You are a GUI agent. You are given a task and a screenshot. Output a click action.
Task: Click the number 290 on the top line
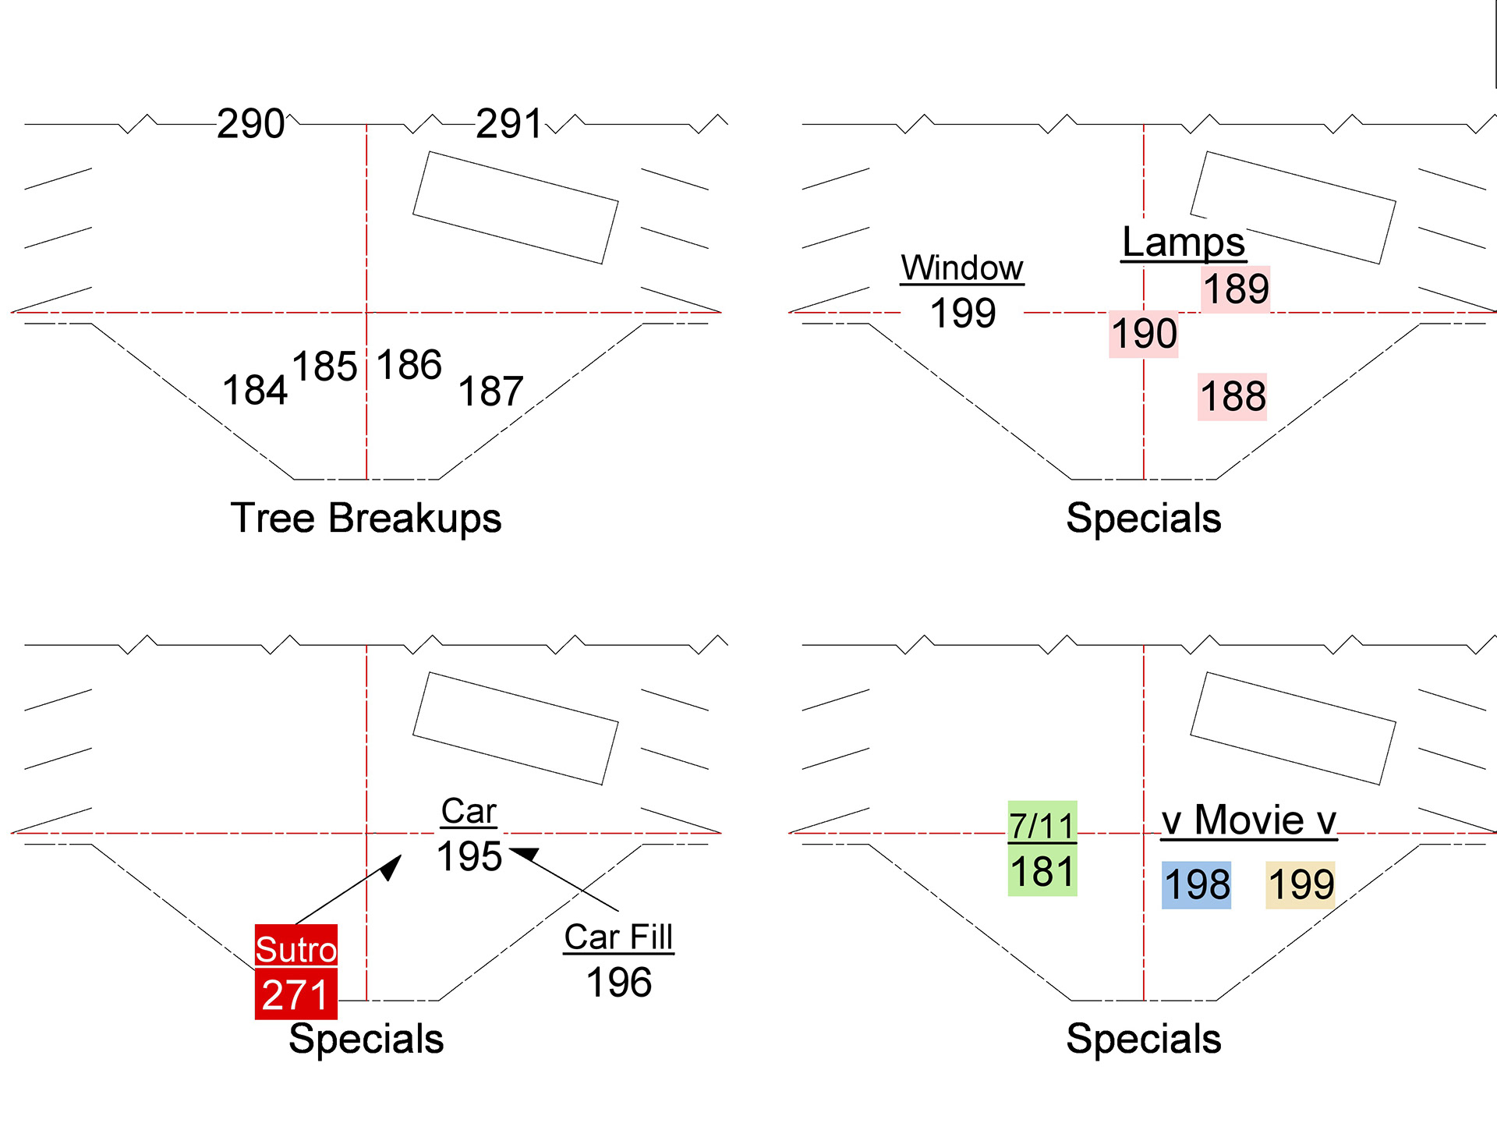point(250,124)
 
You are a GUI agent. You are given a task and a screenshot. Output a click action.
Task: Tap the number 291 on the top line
point(508,124)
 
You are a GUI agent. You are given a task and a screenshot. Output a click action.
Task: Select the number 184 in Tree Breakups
point(255,390)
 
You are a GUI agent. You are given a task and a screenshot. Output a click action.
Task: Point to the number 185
point(324,367)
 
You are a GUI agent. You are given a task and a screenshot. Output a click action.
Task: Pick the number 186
point(409,365)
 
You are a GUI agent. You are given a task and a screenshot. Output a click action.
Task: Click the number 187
point(490,391)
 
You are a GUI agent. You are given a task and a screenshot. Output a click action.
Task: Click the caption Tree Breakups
point(366,518)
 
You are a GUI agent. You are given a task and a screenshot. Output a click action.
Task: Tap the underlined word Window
point(962,268)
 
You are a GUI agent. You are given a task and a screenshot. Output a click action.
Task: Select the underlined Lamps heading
point(1183,243)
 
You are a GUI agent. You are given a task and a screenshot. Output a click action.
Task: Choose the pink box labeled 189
point(1236,289)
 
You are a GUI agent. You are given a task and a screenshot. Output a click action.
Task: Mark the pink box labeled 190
point(1144,334)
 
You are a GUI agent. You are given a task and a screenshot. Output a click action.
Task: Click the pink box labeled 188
point(1233,396)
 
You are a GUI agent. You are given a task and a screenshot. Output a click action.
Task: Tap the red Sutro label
point(296,949)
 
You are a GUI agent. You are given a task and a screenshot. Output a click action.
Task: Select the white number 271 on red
point(296,995)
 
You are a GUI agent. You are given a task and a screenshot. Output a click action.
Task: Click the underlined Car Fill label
point(618,937)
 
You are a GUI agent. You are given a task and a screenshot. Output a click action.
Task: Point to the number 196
point(619,983)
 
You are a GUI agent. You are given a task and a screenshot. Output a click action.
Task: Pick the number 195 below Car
point(469,857)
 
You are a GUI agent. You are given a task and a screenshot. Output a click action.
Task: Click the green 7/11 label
point(1042,825)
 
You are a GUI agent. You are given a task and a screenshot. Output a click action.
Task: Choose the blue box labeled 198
point(1197,885)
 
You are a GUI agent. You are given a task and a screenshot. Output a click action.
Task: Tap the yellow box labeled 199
point(1301,885)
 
